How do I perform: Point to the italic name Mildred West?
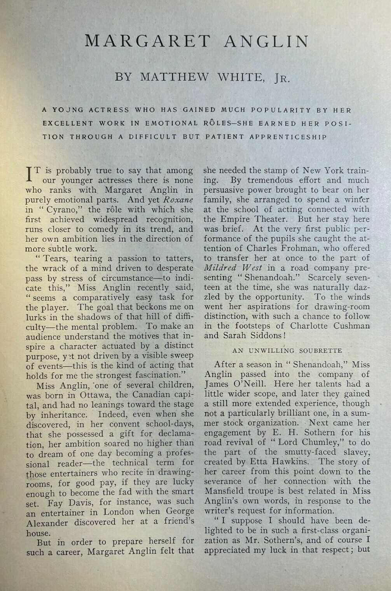click(x=233, y=268)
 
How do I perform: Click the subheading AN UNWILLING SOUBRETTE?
click(x=287, y=350)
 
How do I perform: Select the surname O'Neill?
click(x=248, y=385)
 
